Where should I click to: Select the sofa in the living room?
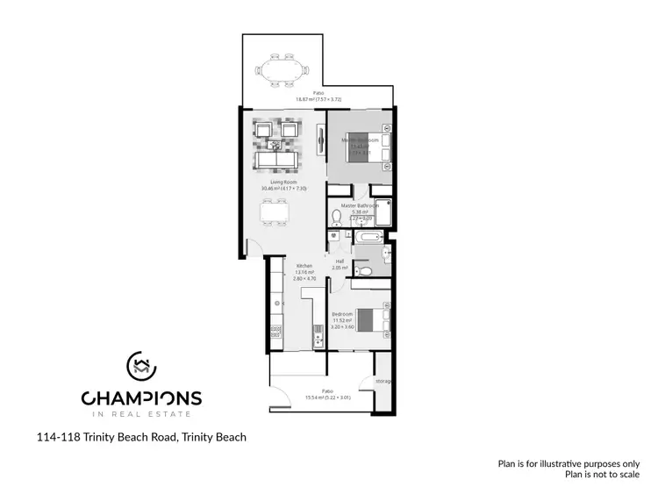tap(275, 160)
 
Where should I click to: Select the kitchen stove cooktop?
tap(275, 331)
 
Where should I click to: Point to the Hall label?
tap(340, 261)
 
